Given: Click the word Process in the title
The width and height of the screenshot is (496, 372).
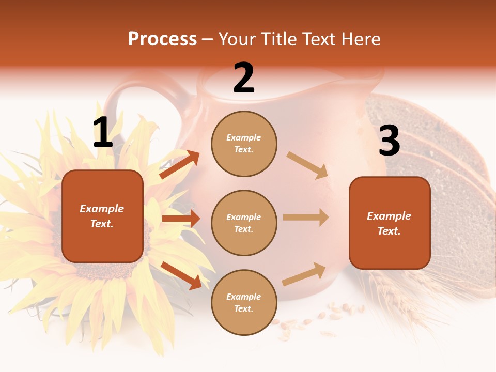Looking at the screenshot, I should pos(162,39).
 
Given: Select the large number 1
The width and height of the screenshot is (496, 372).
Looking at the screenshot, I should pos(103,133).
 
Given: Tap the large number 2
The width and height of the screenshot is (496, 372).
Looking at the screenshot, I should pos(244,79).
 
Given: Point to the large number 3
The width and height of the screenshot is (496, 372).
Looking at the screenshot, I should pos(389,141).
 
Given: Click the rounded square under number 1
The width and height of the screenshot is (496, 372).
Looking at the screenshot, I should pos(102,216).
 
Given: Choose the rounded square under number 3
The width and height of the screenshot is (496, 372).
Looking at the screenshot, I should pos(390,223).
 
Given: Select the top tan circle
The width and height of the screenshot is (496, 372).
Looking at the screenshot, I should pos(244,144).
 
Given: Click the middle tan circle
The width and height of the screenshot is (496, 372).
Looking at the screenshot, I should pos(244,223).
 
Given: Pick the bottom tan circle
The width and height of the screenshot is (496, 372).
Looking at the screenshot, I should pos(244,302).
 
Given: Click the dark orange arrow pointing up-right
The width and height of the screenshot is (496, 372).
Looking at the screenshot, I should pos(180,165).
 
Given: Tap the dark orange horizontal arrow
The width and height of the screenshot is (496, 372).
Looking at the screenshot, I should pos(181,219).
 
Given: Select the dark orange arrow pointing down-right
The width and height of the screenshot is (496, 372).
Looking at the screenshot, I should pos(181,275).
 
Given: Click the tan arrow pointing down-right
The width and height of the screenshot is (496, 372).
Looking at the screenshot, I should pos(307,165).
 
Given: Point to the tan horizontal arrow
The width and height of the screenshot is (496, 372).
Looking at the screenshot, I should pos(306,218).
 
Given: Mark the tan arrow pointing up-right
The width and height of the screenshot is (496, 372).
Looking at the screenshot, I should pos(304,274).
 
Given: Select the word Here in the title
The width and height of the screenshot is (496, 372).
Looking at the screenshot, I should pos(360,39).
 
